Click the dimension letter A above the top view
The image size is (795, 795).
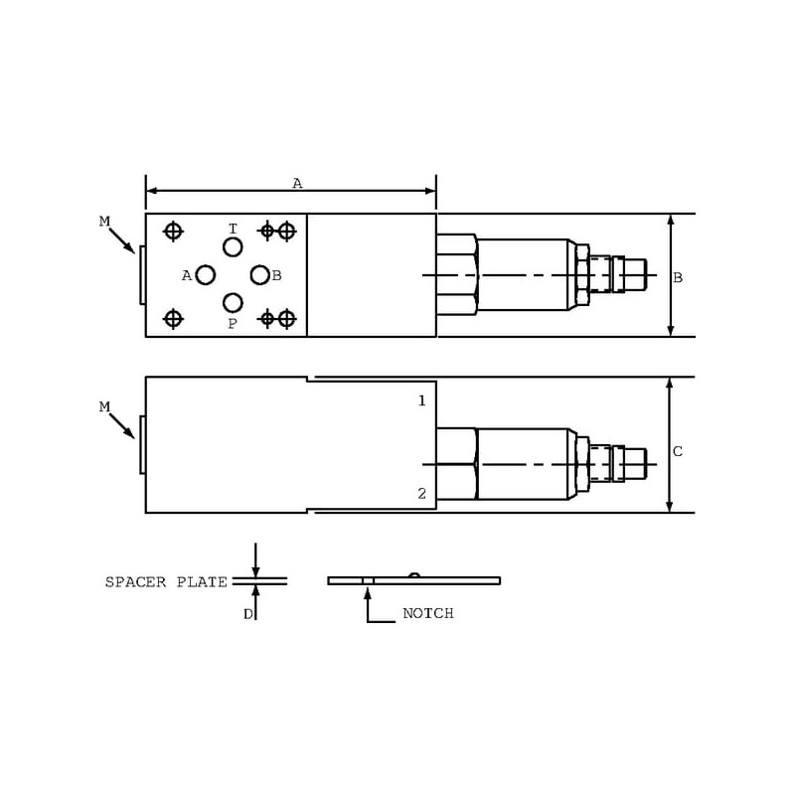[297, 183]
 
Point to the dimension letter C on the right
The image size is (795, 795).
[678, 451]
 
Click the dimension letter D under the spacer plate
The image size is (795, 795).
[247, 614]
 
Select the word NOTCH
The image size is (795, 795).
[428, 613]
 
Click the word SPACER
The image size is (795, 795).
[135, 582]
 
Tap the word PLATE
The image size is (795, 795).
[202, 582]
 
